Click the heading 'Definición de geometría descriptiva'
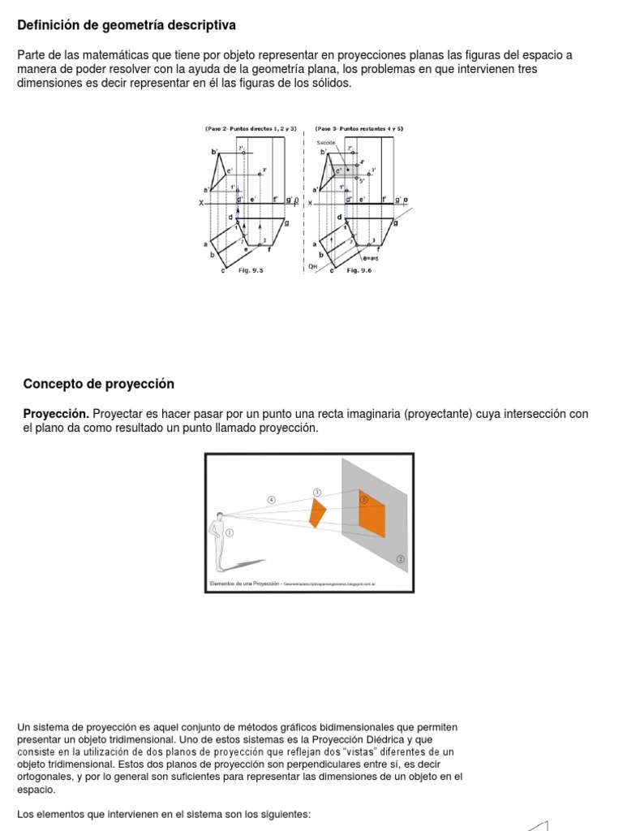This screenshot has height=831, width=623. point(127,26)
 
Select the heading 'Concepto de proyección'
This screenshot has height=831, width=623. point(99,384)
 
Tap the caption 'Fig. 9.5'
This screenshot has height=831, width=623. point(250,271)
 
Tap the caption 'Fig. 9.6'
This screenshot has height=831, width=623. point(359,271)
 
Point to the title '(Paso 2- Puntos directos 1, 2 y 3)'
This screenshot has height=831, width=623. point(250,128)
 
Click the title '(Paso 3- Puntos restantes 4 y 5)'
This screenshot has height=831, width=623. point(359,128)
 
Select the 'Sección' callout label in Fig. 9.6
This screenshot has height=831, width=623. point(326,142)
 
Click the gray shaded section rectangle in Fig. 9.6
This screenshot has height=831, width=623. point(343,170)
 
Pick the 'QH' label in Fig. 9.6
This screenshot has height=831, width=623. point(313,265)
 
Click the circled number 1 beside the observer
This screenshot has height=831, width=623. point(230,533)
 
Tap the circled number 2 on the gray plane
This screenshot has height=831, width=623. point(400,559)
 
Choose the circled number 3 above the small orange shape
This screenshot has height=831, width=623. point(316,492)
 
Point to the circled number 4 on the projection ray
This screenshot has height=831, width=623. point(272,501)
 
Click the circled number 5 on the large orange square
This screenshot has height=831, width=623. point(364,499)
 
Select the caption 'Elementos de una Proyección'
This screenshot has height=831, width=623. point(241,583)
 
